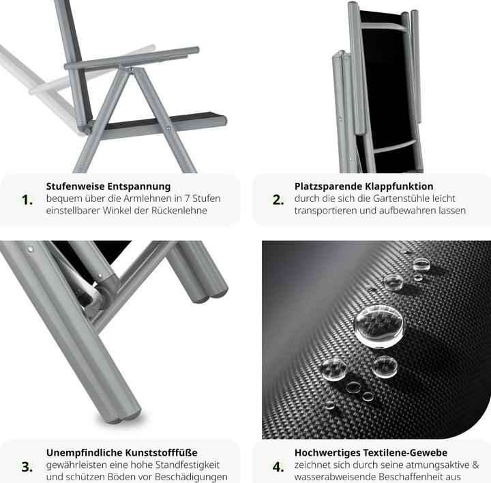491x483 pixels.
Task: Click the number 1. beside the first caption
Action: (27, 200)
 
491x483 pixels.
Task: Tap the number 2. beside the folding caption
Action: (278, 200)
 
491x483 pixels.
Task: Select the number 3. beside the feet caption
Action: (27, 467)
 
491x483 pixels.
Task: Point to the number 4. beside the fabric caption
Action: (278, 467)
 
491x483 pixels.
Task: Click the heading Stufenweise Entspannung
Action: (108, 186)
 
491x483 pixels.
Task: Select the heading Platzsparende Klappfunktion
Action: (363, 186)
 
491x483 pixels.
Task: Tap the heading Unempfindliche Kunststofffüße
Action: (122, 452)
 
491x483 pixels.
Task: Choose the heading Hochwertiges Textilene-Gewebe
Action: (371, 452)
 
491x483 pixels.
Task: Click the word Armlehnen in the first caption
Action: (151, 199)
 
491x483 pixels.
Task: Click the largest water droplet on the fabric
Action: (378, 325)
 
